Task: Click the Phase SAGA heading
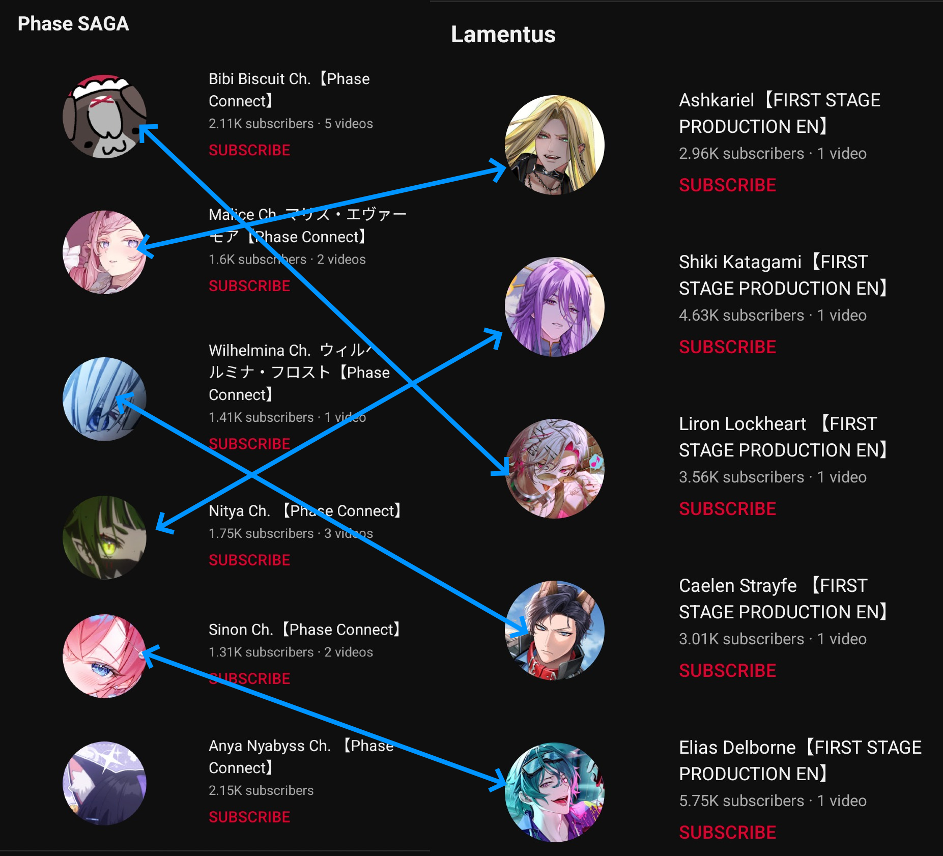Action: (x=73, y=24)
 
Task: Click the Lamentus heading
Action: (x=503, y=35)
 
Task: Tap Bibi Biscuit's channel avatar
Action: (x=104, y=117)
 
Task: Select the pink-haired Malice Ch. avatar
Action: (x=104, y=252)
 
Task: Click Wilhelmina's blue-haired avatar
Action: (x=104, y=399)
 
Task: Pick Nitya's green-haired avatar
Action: (x=104, y=537)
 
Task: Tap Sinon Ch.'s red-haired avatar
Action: (x=104, y=657)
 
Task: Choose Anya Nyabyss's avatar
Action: (x=104, y=783)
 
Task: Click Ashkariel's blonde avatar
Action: (x=555, y=145)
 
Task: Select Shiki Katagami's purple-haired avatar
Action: (x=555, y=307)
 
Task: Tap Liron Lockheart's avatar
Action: (x=555, y=469)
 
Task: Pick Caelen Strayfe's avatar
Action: (x=555, y=631)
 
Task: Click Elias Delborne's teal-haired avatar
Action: (x=555, y=792)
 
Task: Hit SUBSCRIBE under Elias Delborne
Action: (x=727, y=833)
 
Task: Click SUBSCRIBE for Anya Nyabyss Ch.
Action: (x=249, y=817)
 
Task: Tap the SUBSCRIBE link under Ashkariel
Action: (x=727, y=185)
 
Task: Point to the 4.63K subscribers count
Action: (x=741, y=316)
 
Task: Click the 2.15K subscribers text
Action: (x=261, y=790)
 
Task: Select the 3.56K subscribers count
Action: (x=741, y=477)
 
